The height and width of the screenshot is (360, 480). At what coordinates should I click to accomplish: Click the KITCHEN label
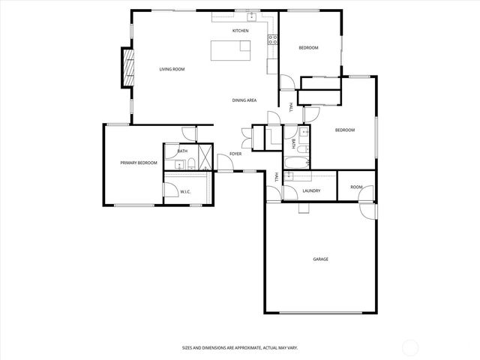(x=240, y=31)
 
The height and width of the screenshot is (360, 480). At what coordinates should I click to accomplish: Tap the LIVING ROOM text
(x=172, y=69)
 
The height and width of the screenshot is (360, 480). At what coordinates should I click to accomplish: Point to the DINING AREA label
(x=244, y=100)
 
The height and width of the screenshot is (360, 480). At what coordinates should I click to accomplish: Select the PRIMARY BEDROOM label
(x=139, y=163)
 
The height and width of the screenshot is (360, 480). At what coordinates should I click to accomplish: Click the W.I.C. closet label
(x=185, y=192)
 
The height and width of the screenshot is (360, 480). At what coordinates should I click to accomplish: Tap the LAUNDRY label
(x=311, y=190)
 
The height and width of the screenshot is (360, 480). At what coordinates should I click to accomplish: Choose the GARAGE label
(x=320, y=259)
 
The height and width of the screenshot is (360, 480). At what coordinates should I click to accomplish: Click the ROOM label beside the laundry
(x=356, y=187)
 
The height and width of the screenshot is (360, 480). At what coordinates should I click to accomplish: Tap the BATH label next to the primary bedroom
(x=182, y=151)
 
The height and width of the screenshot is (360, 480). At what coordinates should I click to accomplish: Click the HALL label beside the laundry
(x=277, y=178)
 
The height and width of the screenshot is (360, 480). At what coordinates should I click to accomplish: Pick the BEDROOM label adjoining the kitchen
(x=308, y=48)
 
